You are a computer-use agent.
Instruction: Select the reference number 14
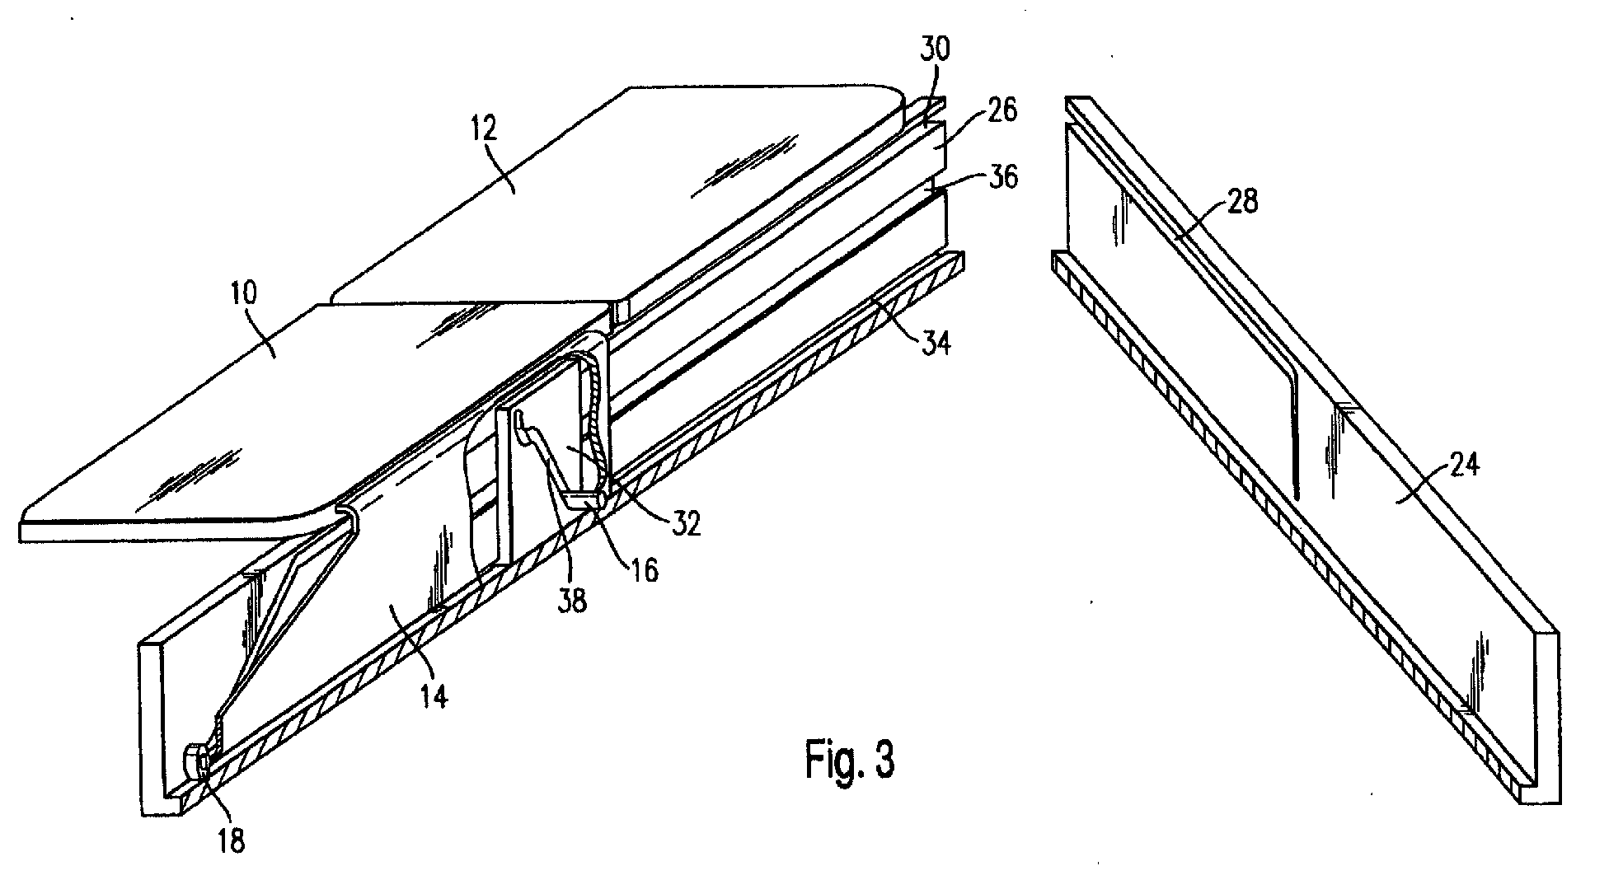point(433,696)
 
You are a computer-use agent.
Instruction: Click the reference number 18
point(231,841)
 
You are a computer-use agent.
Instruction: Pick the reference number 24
point(1460,466)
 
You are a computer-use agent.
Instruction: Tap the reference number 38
point(572,601)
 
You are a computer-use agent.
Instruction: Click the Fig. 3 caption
point(850,760)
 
